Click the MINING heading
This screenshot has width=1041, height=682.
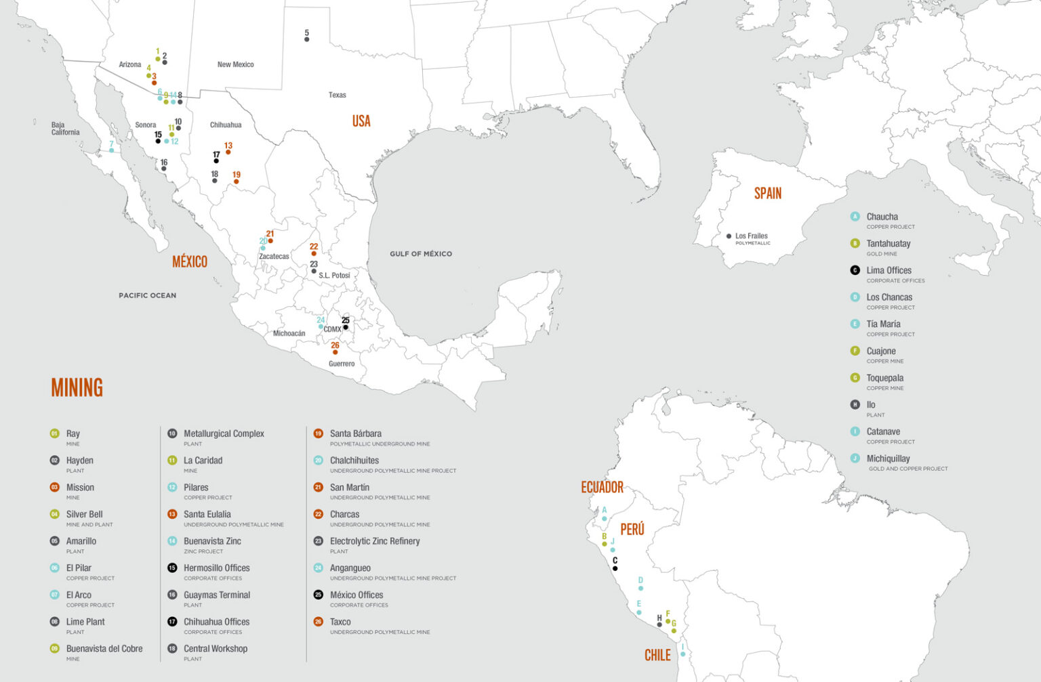[x=77, y=387]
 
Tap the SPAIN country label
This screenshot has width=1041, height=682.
[x=768, y=194]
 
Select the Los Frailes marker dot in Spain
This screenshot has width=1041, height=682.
[x=729, y=236]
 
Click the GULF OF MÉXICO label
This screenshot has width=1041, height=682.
[x=420, y=254]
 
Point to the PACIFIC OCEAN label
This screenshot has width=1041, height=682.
[x=147, y=295]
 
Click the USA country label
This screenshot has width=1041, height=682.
[x=361, y=121]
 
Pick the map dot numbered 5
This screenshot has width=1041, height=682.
[x=307, y=39]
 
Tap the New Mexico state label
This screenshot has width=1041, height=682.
[x=235, y=64]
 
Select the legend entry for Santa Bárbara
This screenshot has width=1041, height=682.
[x=356, y=433]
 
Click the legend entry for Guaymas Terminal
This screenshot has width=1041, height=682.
[x=217, y=595]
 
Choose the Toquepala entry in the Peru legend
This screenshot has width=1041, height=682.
[x=884, y=378]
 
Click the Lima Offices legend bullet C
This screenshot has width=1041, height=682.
[x=855, y=270]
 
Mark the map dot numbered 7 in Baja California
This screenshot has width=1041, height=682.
[x=112, y=150]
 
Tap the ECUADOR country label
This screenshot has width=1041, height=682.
[x=602, y=488]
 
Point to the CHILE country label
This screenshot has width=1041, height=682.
[x=657, y=655]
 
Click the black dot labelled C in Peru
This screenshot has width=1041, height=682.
[x=615, y=568]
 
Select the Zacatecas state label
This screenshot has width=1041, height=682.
[x=274, y=257]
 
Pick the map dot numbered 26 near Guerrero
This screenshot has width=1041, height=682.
[x=335, y=352]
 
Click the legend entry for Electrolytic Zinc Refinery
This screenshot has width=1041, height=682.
[x=375, y=541]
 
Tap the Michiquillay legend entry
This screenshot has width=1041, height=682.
[x=888, y=459]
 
